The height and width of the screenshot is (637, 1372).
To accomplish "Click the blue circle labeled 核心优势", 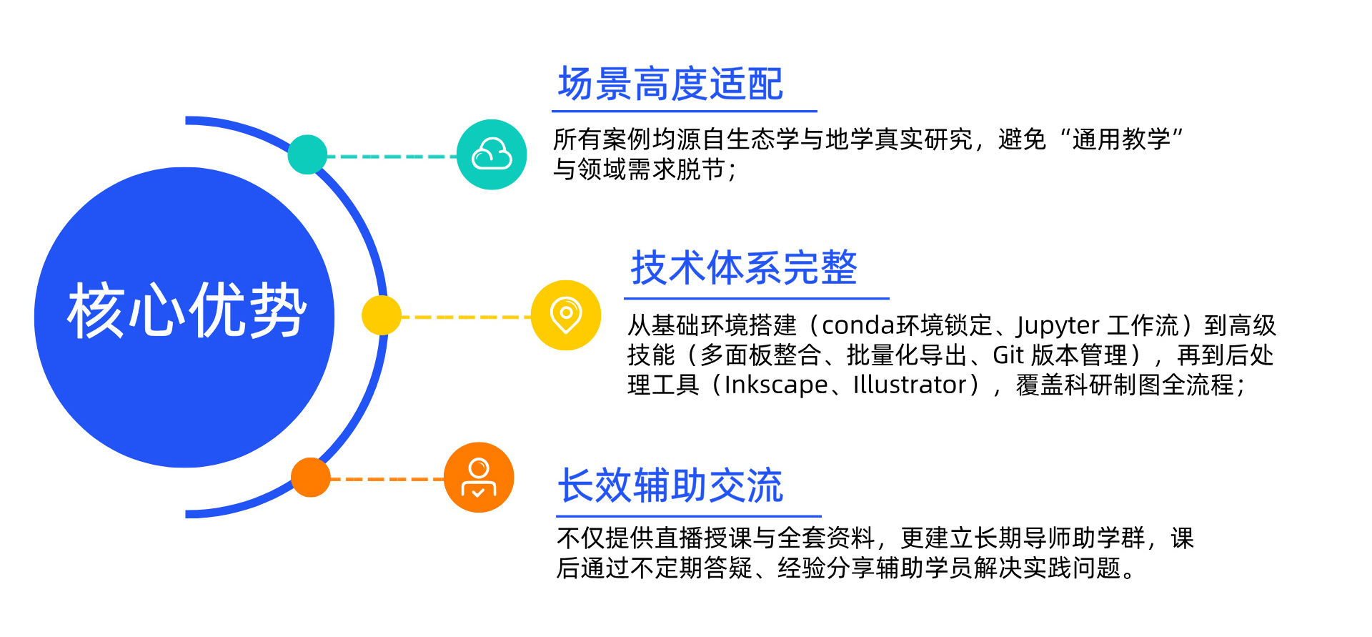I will click(184, 317).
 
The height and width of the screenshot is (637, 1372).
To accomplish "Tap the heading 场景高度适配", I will click(670, 84).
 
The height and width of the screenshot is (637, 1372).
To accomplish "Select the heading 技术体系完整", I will click(744, 268).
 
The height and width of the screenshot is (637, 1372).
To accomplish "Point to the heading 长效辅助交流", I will click(670, 486).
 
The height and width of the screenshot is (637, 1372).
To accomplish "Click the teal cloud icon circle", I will click(492, 154).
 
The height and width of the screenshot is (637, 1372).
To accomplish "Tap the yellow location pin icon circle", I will click(566, 315).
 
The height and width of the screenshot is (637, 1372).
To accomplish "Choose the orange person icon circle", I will click(479, 478).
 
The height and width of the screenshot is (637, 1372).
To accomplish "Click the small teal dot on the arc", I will click(307, 154).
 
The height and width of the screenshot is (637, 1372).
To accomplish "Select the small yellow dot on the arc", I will click(382, 315).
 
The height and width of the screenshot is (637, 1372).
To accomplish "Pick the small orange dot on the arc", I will click(311, 478).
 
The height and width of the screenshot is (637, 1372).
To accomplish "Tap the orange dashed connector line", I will click(387, 479).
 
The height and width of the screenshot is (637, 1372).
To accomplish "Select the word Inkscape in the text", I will click(776, 385).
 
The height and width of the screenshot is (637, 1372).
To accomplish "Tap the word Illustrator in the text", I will click(910, 385).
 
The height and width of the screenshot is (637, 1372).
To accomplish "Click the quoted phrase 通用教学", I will click(1120, 139).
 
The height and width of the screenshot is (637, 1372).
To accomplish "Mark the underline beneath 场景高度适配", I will click(684, 112).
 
